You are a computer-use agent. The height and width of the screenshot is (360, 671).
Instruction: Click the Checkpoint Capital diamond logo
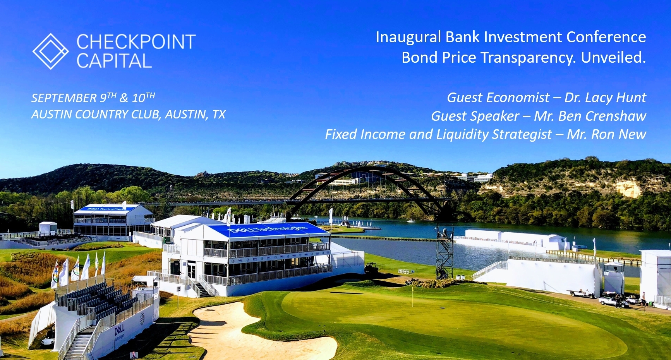[x=50, y=51]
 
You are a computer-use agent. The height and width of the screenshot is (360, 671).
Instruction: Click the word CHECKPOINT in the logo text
[x=136, y=42]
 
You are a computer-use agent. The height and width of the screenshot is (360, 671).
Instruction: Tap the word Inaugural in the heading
[x=408, y=37]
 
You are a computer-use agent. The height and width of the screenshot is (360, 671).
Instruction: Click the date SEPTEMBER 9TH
[x=74, y=98]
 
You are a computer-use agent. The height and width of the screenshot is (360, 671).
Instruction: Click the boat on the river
[x=411, y=221]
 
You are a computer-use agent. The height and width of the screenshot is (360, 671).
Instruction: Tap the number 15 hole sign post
[x=178, y=290]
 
